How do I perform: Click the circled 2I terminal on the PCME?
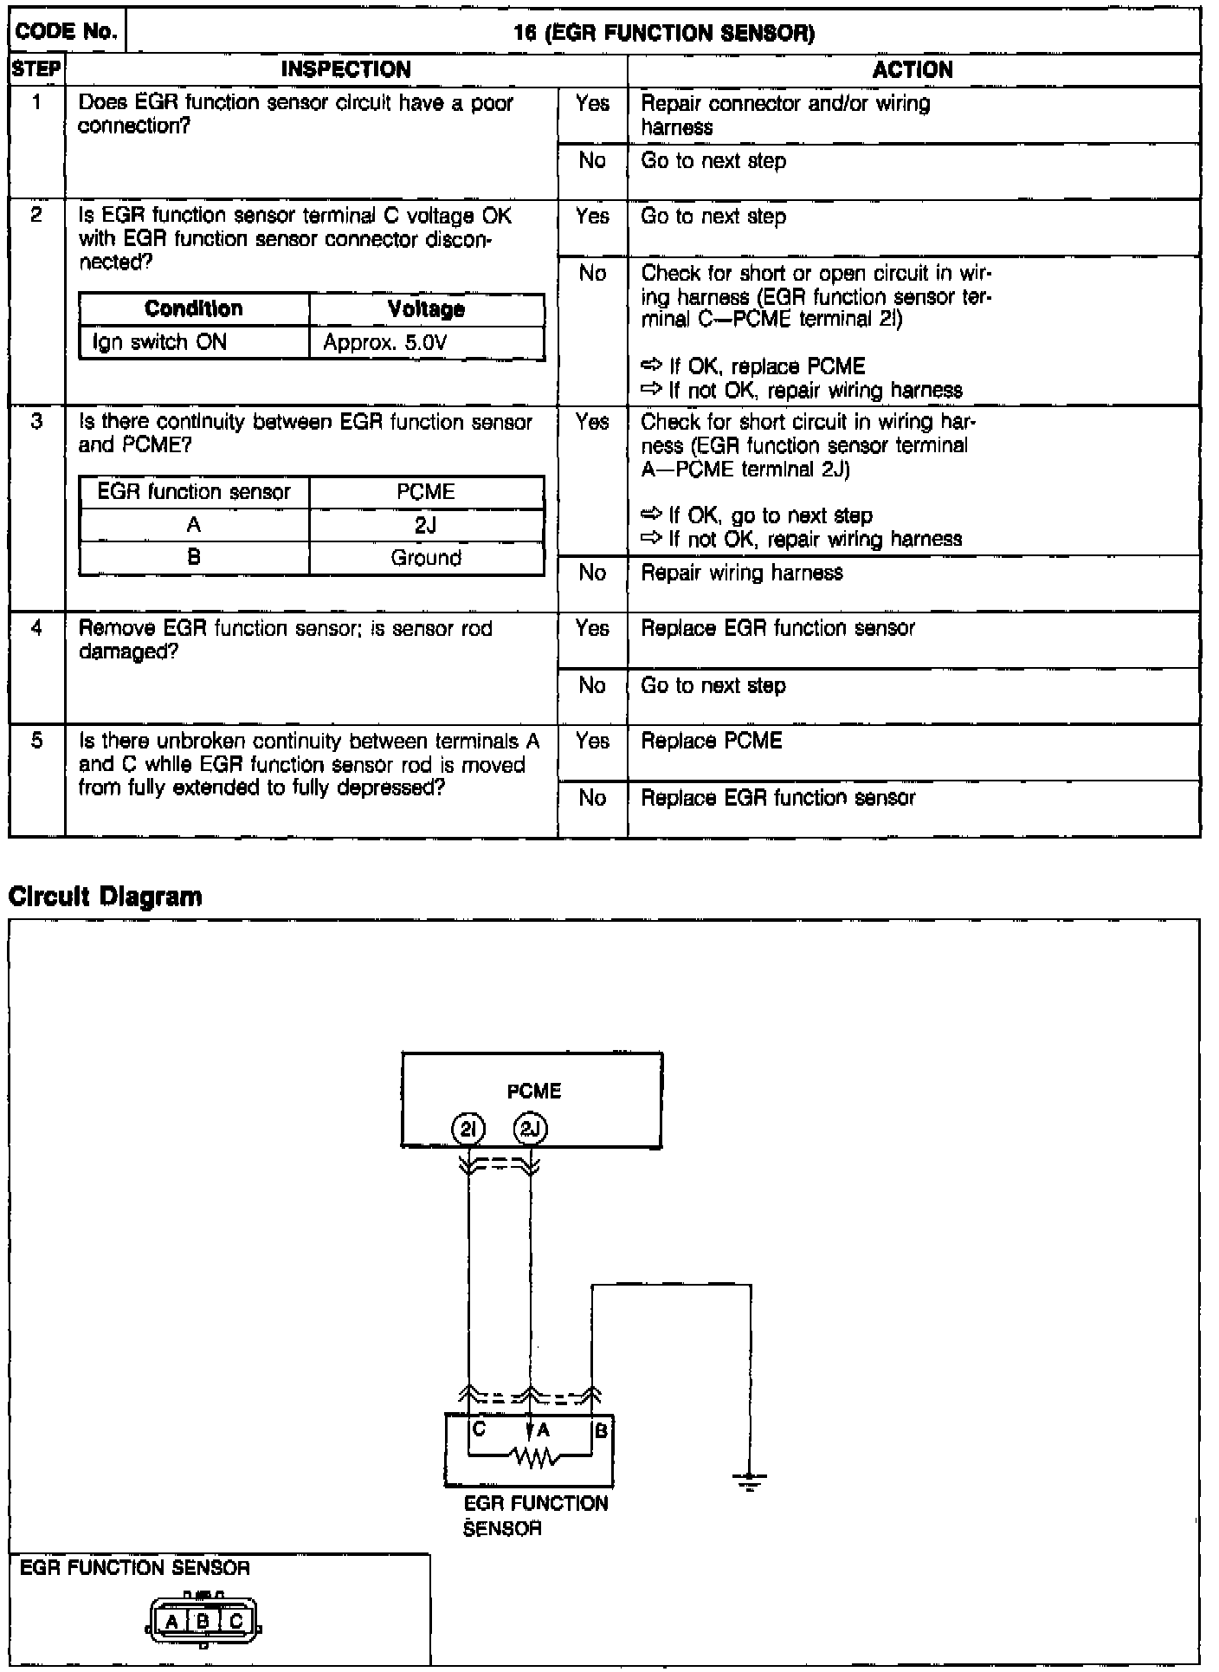tap(468, 1129)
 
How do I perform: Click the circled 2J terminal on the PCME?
tap(531, 1129)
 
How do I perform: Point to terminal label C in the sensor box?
tap(479, 1430)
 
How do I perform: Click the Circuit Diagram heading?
tap(105, 896)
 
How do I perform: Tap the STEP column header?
tap(36, 69)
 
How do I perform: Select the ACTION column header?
tap(913, 69)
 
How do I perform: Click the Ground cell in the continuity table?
tap(426, 558)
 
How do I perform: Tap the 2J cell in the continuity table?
tap(426, 525)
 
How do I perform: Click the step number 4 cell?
tap(36, 628)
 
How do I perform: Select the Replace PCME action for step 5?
tap(712, 742)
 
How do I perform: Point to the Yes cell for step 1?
tap(592, 104)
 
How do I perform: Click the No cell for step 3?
tap(592, 573)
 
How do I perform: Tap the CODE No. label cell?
tap(67, 32)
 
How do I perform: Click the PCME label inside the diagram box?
tap(534, 1091)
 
